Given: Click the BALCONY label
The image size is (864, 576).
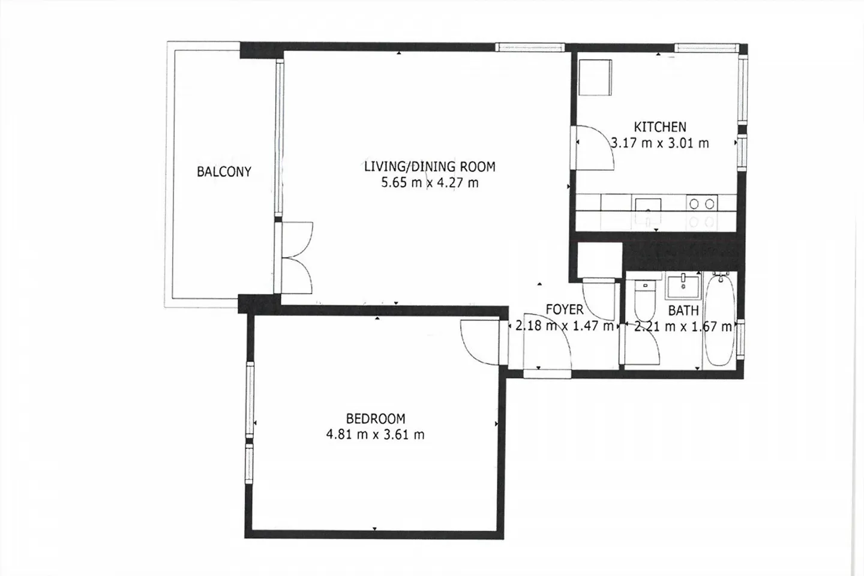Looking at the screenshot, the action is (x=224, y=172).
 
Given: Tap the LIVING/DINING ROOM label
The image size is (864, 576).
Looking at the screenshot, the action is (x=430, y=167).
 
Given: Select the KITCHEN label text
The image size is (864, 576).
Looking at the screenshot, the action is (x=660, y=127).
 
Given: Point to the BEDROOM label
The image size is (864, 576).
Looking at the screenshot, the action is (x=376, y=419).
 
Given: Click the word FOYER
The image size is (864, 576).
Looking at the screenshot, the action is (x=565, y=310).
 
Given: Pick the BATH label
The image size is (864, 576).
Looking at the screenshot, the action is (x=683, y=311).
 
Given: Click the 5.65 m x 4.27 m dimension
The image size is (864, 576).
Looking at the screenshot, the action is (x=430, y=182).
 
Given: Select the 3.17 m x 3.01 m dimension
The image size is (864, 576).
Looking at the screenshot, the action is (x=660, y=143).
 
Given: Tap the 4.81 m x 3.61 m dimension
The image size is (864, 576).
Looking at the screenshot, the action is (x=376, y=435).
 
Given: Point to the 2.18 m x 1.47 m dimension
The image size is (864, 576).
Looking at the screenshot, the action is (x=564, y=326).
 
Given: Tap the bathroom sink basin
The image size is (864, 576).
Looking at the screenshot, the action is (x=682, y=287).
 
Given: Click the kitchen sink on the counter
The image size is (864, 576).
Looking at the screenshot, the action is (x=649, y=211).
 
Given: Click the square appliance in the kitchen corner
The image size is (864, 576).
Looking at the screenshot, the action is (x=596, y=77).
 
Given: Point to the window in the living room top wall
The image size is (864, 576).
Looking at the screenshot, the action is (x=530, y=47).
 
